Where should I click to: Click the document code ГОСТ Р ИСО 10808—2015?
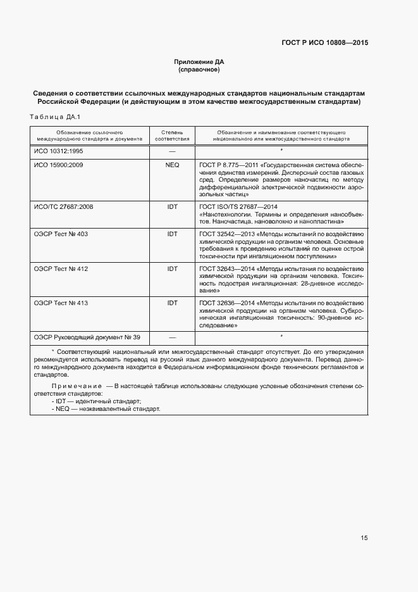pos(324,43)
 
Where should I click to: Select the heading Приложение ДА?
pos(199,61)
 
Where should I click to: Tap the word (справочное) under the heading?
pos(199,70)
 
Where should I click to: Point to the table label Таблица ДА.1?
pos(52,117)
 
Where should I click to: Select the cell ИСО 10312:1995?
pos(58,152)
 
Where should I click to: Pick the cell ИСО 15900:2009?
pos(58,165)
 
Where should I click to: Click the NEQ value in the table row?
pos(172,165)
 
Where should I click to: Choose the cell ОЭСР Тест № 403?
pos(61,234)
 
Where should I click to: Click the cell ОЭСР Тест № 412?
pos(61,269)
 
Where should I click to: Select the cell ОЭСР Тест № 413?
pos(61,303)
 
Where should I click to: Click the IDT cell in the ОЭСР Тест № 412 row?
pos(172,269)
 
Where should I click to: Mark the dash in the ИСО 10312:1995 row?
pos(172,152)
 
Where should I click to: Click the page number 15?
pos(364,538)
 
